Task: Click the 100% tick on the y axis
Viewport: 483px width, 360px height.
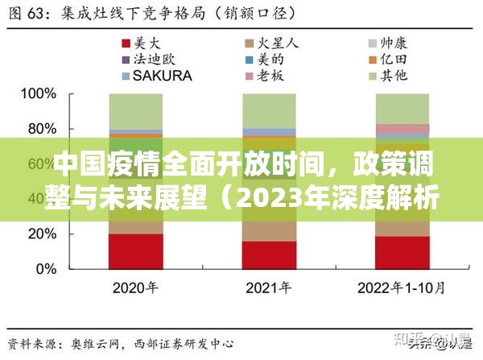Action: coord(37,94)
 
